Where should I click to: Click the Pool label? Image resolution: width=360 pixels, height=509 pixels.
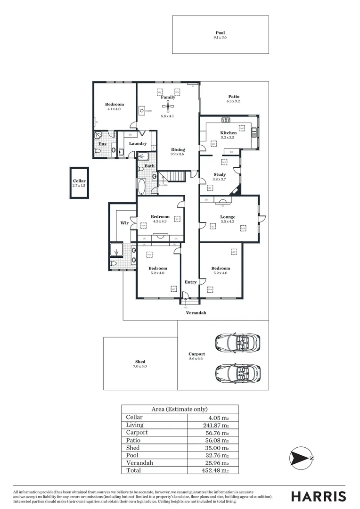(220, 33)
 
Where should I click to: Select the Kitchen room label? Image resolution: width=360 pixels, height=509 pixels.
(229, 133)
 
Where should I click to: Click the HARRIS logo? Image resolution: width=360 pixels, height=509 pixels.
(318, 496)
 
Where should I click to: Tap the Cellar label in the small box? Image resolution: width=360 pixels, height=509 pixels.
(79, 181)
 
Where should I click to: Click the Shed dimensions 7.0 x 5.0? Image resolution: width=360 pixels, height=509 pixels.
(140, 366)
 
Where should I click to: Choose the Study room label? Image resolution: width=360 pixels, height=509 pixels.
(220, 174)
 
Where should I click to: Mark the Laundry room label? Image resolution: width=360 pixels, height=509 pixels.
(138, 143)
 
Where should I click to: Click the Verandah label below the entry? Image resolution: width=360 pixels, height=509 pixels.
(196, 312)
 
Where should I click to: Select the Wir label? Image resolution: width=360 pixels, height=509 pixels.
(124, 222)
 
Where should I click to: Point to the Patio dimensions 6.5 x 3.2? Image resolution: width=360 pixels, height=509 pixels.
(233, 101)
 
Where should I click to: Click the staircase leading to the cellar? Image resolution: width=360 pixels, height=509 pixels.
(172, 177)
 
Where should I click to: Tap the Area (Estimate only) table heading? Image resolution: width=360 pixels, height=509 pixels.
(179, 409)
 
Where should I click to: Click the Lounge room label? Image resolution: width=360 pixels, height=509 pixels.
(228, 217)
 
